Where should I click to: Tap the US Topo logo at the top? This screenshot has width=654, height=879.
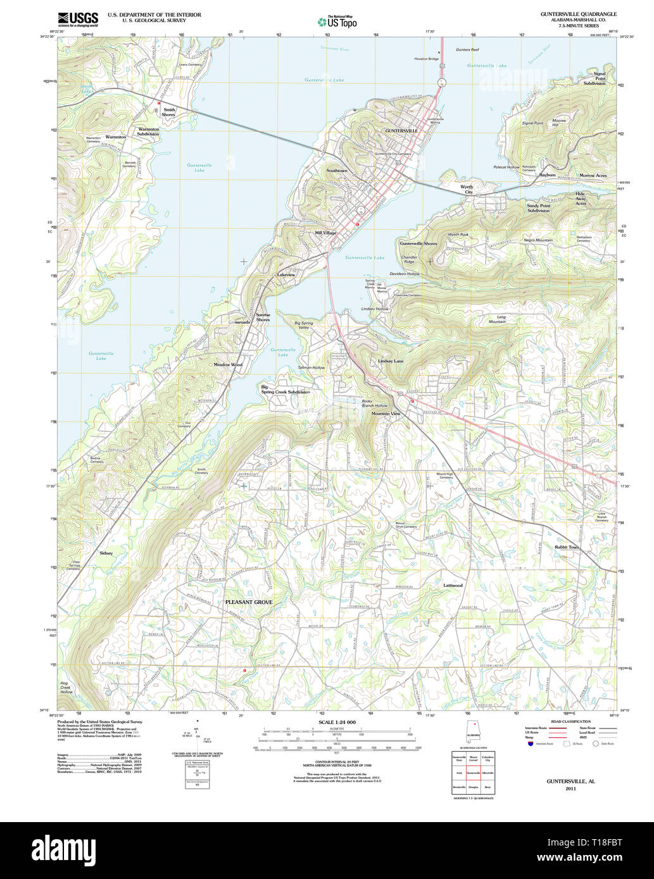pos(337,21)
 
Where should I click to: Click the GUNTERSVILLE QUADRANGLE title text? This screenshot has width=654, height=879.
pos(578,14)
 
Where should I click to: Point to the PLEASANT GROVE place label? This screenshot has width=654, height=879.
pos(249,602)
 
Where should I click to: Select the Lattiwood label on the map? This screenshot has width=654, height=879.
pos(453,586)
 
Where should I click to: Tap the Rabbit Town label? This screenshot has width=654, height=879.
pos(567,547)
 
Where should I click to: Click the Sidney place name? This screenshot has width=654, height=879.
pos(106,553)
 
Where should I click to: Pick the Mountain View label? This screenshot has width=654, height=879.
pos(386,414)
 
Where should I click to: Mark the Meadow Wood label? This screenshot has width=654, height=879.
pos(228,365)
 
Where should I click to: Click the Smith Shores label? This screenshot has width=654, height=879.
pos(168,112)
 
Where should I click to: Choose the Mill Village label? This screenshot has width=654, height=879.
pos(325,233)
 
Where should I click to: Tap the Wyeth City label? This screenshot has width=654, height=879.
pos(467,190)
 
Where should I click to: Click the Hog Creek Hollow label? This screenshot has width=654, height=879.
pos(66,687)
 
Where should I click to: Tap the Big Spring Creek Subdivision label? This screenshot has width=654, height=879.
pos(286,390)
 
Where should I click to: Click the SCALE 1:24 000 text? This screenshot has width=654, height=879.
pos(337,722)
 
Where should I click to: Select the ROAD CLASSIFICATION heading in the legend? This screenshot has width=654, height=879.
pos(570,722)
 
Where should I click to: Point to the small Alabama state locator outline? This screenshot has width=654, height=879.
pos(472,730)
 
